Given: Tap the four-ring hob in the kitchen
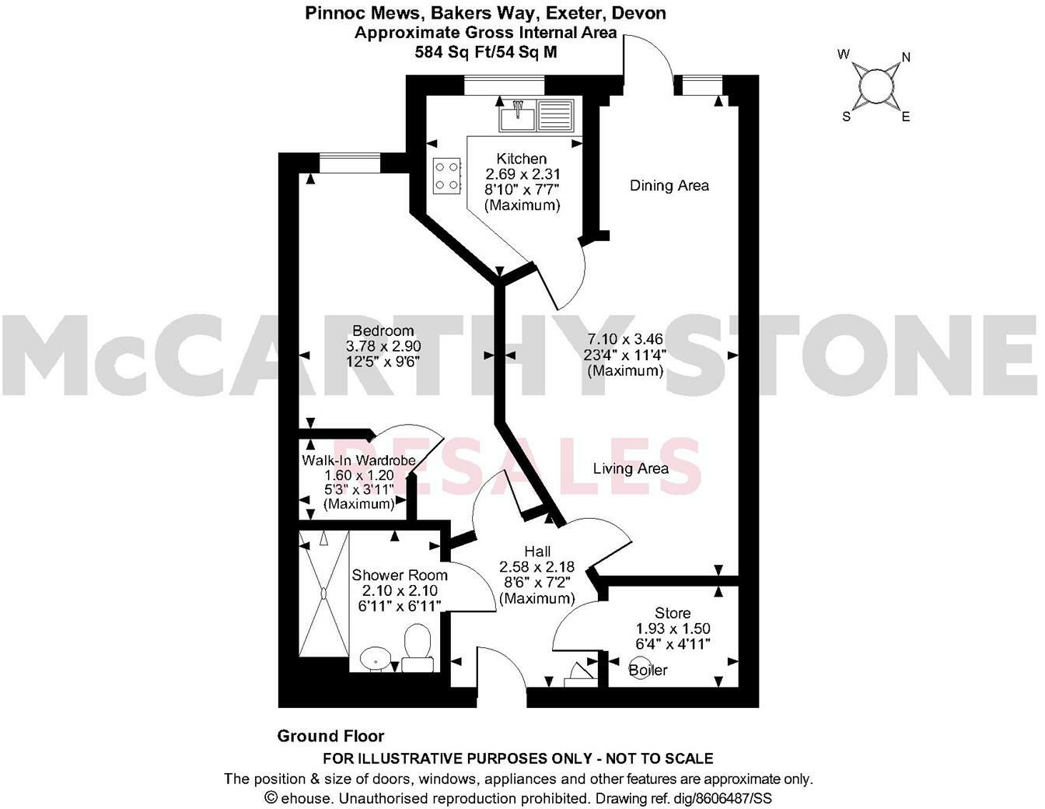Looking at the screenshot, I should coord(447,175).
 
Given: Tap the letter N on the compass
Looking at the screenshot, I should coord(905,58).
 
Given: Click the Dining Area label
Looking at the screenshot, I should coord(669,185).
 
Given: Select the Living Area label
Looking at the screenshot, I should coord(631,468).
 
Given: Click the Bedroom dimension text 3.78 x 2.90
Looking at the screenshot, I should coord(383,345).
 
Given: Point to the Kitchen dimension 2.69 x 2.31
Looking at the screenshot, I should coord(522,174).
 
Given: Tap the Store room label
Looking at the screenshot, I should coord(673,613).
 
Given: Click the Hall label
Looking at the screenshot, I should coord(537,552).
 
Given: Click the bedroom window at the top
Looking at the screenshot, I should coord(349,163).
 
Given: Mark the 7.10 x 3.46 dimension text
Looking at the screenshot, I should coord(625,339).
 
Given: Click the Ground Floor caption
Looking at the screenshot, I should coord(330,736).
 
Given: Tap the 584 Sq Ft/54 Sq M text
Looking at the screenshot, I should coord(485,52).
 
